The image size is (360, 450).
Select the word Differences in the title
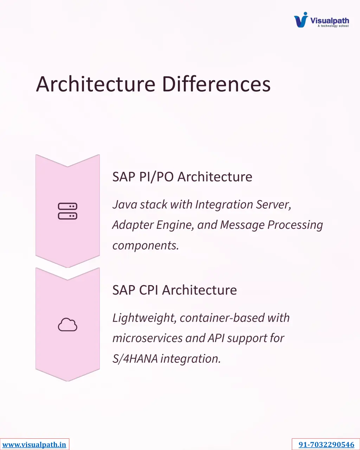coord(216,84)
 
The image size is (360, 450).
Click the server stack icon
coord(67,211)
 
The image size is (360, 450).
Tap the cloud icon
coord(67,324)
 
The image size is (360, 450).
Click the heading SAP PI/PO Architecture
coord(182,176)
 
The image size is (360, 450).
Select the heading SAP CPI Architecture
coord(174,290)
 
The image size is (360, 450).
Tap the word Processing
coord(295,225)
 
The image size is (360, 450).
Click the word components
coord(146,245)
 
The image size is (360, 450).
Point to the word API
coord(216,338)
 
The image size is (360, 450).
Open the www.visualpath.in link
coord(34,445)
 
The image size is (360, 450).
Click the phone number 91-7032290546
coord(326,445)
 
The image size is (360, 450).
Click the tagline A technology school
coord(333,26)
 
